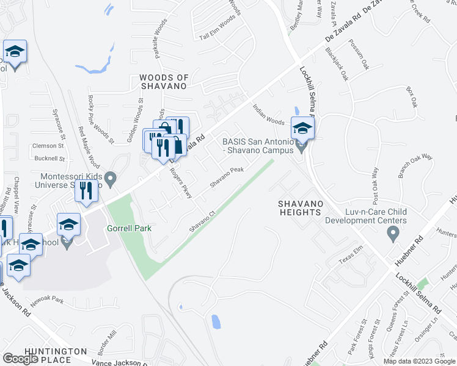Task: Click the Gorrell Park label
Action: pyautogui.click(x=129, y=227)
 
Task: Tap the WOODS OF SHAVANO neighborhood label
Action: pyautogui.click(x=163, y=82)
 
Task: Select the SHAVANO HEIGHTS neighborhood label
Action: pyautogui.click(x=299, y=207)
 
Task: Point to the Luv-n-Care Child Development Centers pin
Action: pyautogui.click(x=393, y=233)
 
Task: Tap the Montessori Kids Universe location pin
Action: pyautogui.click(x=111, y=179)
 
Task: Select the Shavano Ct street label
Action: pyautogui.click(x=203, y=221)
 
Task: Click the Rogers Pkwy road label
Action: pyautogui.click(x=181, y=183)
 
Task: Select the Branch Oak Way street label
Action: pyautogui.click(x=415, y=166)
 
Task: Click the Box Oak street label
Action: pyautogui.click(x=414, y=95)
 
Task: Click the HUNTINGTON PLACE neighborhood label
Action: pyautogui.click(x=56, y=356)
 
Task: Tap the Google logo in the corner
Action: pyautogui.click(x=20, y=359)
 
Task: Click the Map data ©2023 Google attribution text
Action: pyautogui.click(x=419, y=361)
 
